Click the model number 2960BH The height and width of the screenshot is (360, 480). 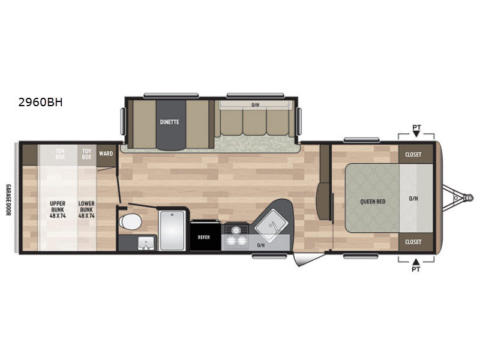click(x=40, y=102)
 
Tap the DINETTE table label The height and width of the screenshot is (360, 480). click(x=170, y=122)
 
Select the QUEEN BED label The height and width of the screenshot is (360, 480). click(x=373, y=202)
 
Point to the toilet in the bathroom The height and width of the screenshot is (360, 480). click(x=130, y=221)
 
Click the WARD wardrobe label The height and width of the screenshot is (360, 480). click(x=106, y=154)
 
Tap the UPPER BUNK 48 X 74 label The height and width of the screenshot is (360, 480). click(x=58, y=209)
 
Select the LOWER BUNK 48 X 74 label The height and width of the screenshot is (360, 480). click(x=86, y=209)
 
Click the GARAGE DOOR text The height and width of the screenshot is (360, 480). click(x=8, y=200)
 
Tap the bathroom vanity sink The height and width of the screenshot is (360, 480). click(x=145, y=244)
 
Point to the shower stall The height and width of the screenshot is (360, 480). click(x=172, y=230)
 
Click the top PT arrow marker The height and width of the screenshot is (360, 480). click(x=416, y=134)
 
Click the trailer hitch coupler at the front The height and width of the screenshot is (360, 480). click(x=467, y=197)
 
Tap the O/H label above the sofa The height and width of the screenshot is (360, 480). click(x=256, y=105)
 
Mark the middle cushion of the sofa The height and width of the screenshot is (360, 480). click(x=254, y=122)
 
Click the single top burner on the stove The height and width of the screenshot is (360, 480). click(x=236, y=229)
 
